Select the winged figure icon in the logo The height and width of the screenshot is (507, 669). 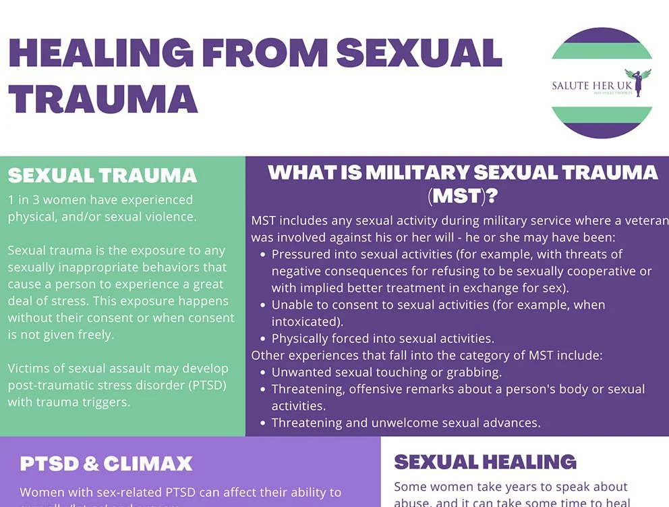tap(633, 81)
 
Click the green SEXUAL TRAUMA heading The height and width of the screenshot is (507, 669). tap(103, 176)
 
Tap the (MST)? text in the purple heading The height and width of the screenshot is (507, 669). tap(463, 197)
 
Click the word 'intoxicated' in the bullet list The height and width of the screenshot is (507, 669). tap(305, 322)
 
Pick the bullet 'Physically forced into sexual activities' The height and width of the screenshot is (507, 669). tap(382, 339)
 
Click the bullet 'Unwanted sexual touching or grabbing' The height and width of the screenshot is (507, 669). tap(386, 372)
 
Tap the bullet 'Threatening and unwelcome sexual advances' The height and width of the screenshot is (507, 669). tap(406, 423)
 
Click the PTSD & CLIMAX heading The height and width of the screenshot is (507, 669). tap(106, 464)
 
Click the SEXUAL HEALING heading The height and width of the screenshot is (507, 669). tap(485, 462)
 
